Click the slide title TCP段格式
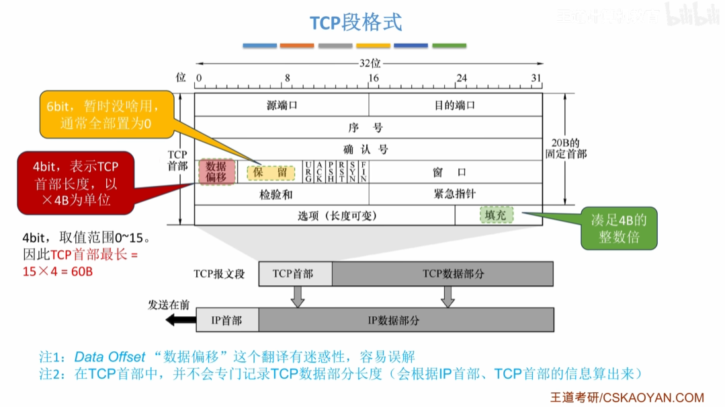click(x=355, y=23)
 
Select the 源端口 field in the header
click(x=282, y=105)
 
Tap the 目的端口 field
click(x=455, y=105)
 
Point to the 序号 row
click(x=368, y=127)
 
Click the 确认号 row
click(x=368, y=149)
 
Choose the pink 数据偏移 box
click(x=216, y=172)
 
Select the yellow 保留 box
click(x=271, y=172)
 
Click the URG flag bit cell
click(x=308, y=172)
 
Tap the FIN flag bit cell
click(x=364, y=172)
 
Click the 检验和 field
click(x=276, y=194)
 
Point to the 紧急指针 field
click(x=455, y=194)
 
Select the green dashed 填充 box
click(x=496, y=215)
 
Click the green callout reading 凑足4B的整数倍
click(x=619, y=229)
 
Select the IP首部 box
click(x=226, y=320)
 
